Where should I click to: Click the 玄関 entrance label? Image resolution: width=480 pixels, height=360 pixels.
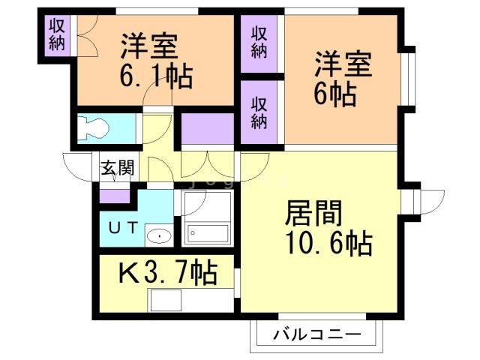[x=118, y=168]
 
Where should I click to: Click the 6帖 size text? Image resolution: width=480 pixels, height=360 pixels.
[x=334, y=93]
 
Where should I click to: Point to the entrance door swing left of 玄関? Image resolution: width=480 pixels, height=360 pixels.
[x=78, y=164]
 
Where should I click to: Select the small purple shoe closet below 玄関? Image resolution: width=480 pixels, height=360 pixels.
[x=115, y=196]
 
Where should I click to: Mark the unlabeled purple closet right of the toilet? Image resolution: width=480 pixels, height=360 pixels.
[x=208, y=128]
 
